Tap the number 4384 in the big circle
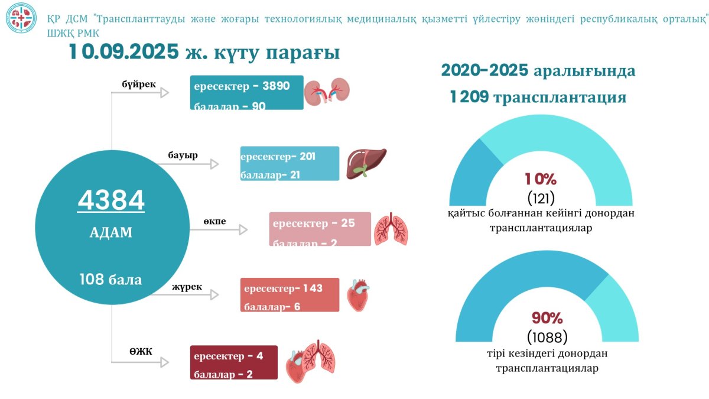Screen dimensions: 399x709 pos(111,201)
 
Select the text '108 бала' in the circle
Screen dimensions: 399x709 pos(111,279)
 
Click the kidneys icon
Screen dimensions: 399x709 pos(327,92)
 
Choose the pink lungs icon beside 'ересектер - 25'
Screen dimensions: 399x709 pos(391,229)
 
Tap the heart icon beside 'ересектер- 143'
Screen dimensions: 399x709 pos(358,295)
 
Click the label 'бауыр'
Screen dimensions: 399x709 pos(183,155)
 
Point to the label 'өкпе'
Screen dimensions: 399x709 pos(215,222)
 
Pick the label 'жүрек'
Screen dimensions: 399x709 pos(187,287)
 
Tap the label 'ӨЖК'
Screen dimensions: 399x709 pos(141,352)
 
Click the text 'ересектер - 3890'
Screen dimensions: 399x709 pos(242,86)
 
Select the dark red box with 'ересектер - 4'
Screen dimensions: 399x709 pos(234,362)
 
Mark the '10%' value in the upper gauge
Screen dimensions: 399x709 pos(540,179)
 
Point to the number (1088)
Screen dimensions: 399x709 pos(547,338)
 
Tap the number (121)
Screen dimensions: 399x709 pos(541,197)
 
